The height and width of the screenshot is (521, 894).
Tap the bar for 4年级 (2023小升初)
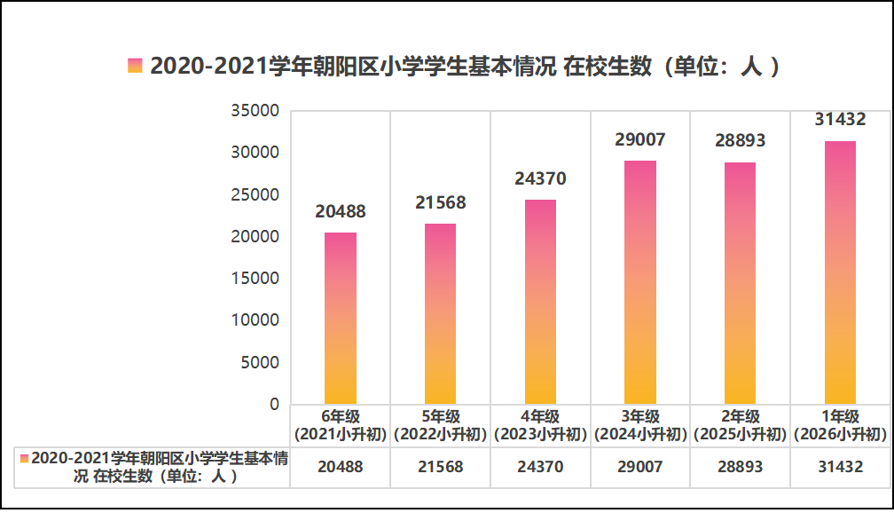(x=541, y=302)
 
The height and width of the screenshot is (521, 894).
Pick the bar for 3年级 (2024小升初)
(x=640, y=282)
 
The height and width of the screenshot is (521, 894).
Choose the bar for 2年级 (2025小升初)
(x=741, y=283)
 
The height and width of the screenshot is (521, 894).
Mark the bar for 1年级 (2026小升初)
(x=840, y=272)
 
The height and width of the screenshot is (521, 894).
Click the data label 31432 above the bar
(x=840, y=119)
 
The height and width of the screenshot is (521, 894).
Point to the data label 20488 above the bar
(x=341, y=211)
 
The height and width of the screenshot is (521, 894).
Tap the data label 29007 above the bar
(x=640, y=139)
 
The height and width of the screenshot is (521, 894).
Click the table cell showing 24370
(x=541, y=467)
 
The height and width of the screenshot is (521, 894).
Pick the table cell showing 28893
(x=741, y=467)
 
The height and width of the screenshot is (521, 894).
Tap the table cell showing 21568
(x=441, y=467)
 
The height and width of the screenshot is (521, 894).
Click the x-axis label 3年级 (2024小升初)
(x=640, y=425)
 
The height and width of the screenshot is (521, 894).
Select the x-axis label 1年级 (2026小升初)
(x=840, y=425)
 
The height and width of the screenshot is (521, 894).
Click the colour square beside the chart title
(x=135, y=67)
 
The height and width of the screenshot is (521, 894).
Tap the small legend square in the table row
(x=25, y=458)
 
